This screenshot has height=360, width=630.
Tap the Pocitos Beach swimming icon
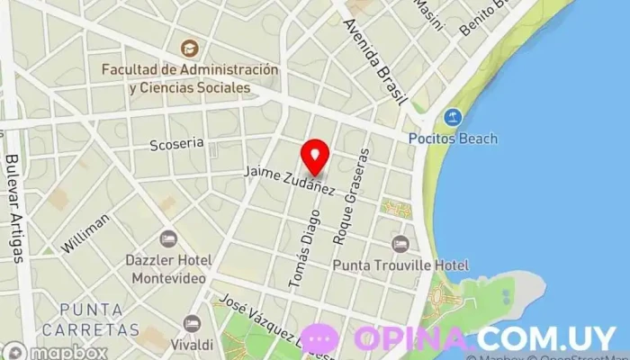click(x=453, y=118)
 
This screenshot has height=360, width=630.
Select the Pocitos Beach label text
click(x=453, y=139)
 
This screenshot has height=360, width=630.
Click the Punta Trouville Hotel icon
click(x=400, y=243)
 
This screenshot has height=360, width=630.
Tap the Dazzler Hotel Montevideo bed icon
click(x=168, y=239)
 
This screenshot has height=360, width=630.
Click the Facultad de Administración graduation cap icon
click(x=189, y=48)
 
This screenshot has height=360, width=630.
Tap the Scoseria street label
click(x=177, y=143)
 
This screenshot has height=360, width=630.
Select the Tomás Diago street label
click(x=303, y=236)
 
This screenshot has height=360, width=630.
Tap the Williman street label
click(x=86, y=231)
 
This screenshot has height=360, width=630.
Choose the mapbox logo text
click(x=70, y=352)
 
